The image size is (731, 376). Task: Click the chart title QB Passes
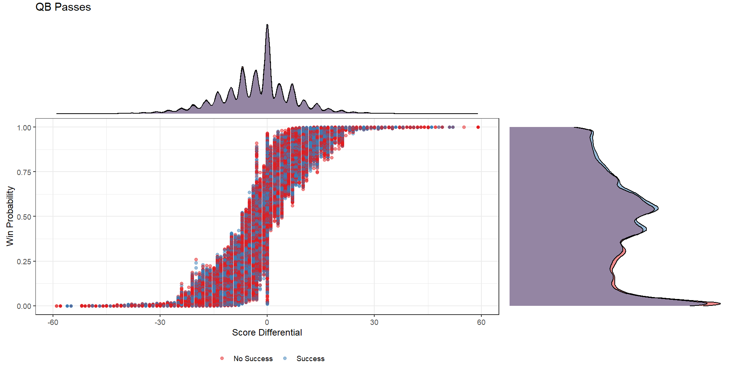coord(63,7)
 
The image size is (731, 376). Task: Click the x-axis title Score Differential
coord(267,333)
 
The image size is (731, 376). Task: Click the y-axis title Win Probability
coord(10,216)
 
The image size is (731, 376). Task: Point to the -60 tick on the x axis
coord(53,323)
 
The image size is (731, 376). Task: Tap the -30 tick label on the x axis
coord(160,323)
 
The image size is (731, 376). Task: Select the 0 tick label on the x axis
coord(267,323)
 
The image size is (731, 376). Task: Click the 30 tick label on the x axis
coord(374,323)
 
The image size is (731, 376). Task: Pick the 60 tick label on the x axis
coord(481,323)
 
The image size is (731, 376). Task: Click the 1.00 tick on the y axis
coord(24,127)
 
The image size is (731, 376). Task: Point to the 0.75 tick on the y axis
coord(24,172)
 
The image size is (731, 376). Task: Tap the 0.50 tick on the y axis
coord(24,217)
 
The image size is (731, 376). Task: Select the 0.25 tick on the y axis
coord(24,261)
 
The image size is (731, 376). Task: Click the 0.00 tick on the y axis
coord(24,306)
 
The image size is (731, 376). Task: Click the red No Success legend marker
coord(222,358)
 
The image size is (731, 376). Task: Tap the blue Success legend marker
coord(285,358)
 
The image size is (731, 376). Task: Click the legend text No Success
coord(253,359)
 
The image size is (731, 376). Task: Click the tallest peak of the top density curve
coord(267,25)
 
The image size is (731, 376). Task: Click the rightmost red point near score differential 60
coord(478,127)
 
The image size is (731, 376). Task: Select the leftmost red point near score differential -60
coord(56,306)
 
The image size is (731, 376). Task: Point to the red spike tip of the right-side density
coord(719,304)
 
